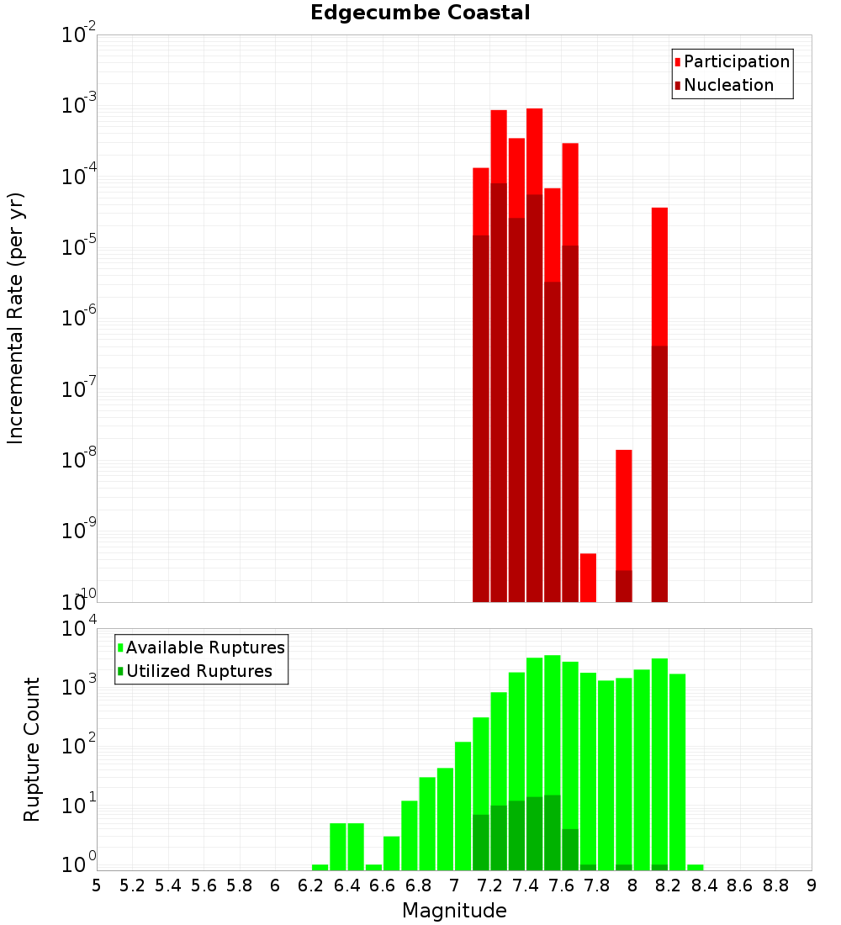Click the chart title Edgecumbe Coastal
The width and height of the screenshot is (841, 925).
(x=420, y=13)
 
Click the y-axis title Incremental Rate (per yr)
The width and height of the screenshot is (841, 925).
(x=16, y=318)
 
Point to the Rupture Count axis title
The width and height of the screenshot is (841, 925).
(x=32, y=748)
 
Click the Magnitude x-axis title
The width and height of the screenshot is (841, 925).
(x=454, y=911)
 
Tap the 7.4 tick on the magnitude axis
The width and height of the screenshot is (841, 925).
(x=526, y=885)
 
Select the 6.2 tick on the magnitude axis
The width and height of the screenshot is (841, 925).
(x=311, y=885)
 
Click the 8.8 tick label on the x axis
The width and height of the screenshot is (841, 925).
(x=775, y=885)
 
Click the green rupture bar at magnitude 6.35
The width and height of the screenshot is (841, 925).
(x=338, y=846)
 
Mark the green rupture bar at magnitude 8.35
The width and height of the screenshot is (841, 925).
(x=696, y=867)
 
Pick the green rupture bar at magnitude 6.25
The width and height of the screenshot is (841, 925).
(x=320, y=867)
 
